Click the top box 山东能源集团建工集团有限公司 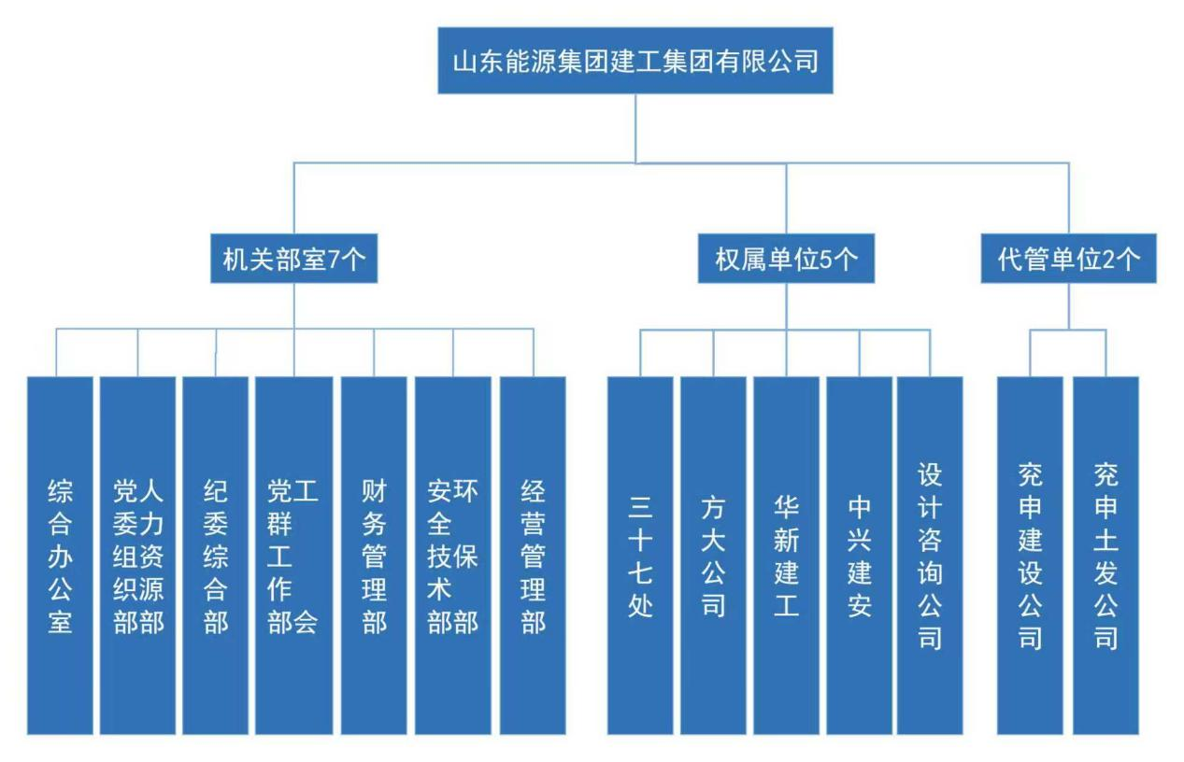point(635,61)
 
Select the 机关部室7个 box point(293,260)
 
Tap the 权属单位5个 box point(786,260)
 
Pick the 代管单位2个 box point(1069,260)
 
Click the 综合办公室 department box point(60,556)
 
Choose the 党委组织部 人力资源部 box point(138,556)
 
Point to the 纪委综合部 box point(216,556)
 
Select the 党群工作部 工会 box point(293,556)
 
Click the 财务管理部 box point(374,556)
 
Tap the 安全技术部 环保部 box point(453,556)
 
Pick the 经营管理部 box point(533,556)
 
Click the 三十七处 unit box point(640,556)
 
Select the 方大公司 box point(713,556)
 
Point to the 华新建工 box point(786,556)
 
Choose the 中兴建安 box point(859,556)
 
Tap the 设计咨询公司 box point(930,556)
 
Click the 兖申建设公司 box point(1030,556)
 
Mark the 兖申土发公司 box point(1106,556)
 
